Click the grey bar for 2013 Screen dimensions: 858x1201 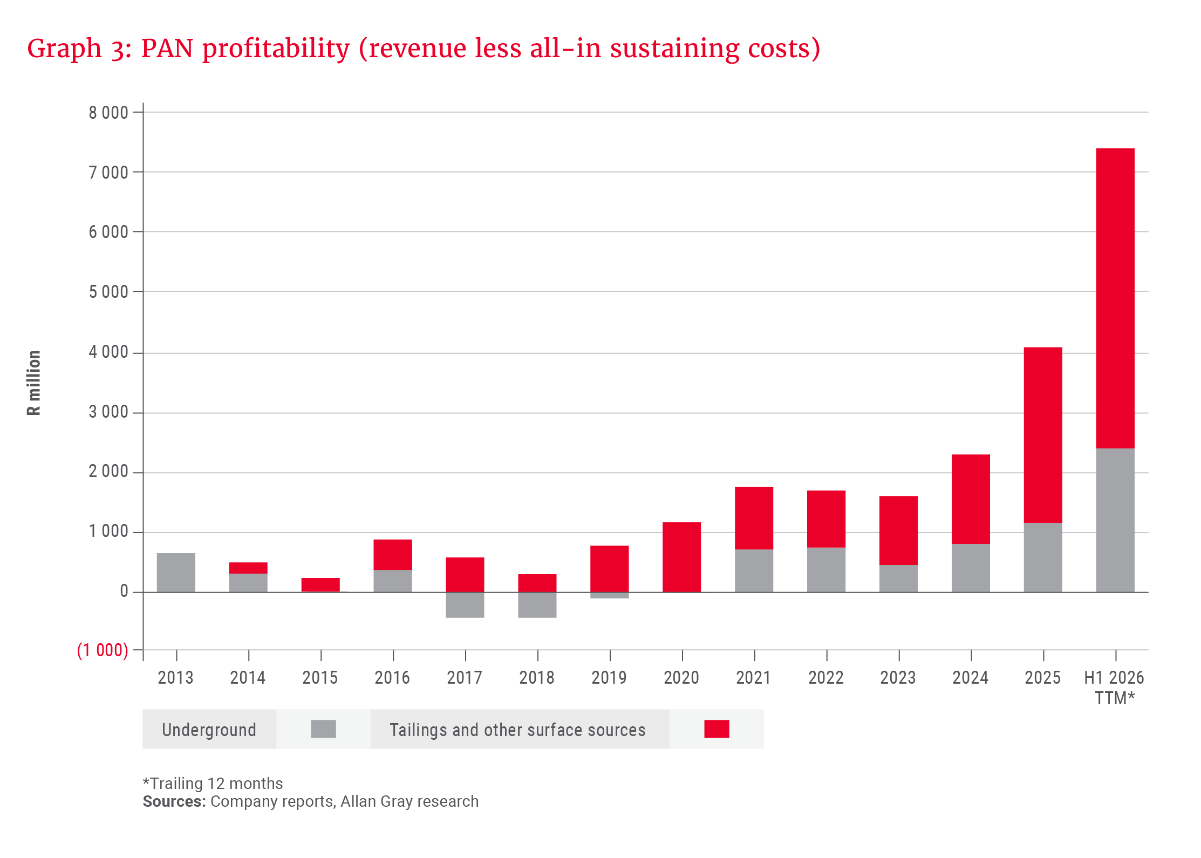(x=176, y=572)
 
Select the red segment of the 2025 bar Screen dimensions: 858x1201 (x=1042, y=435)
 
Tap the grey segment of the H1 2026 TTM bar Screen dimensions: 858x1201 (x=1115, y=520)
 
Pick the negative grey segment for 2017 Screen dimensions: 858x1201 (x=465, y=605)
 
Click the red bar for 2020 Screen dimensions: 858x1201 (x=681, y=557)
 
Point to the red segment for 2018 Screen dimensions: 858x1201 (x=537, y=583)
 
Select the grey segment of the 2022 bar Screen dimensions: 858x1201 (x=826, y=570)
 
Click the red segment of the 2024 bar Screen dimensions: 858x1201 (x=970, y=499)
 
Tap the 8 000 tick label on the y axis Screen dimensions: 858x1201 (x=108, y=112)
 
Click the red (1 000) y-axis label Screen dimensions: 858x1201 (x=103, y=650)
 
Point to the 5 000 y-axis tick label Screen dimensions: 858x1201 (x=108, y=292)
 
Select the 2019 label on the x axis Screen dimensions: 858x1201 (x=609, y=677)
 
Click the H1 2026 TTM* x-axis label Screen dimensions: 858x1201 (x=1114, y=687)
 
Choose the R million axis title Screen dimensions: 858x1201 (x=33, y=383)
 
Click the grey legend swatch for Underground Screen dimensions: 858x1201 (x=323, y=729)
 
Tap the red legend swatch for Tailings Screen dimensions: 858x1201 (x=716, y=729)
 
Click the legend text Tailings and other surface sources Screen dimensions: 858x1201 (x=517, y=730)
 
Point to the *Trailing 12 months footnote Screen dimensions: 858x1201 (x=213, y=783)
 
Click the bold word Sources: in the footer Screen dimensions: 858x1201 (x=174, y=801)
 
